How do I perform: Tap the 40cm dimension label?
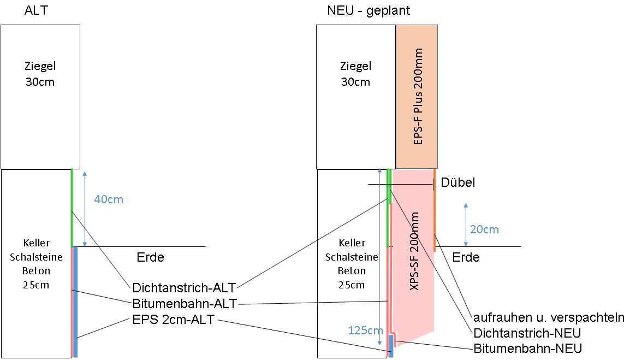click(x=109, y=199)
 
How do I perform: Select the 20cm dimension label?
click(x=484, y=229)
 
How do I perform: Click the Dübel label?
click(x=458, y=182)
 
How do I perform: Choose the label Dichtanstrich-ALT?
click(x=184, y=288)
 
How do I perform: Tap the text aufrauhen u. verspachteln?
click(x=549, y=317)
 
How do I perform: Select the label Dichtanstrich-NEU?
click(x=527, y=333)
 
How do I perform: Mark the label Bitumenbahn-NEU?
click(x=528, y=348)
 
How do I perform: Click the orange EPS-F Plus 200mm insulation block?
click(x=417, y=97)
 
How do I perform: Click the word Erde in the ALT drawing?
click(x=150, y=257)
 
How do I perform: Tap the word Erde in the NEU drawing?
click(x=466, y=257)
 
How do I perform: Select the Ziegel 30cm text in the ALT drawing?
click(x=40, y=74)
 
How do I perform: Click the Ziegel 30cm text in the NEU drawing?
click(x=355, y=74)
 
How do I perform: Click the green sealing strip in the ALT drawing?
click(x=72, y=208)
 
